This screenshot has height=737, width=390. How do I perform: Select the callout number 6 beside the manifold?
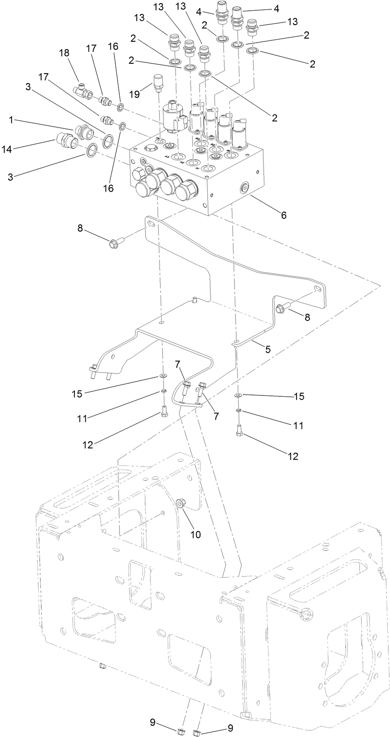pyautogui.click(x=283, y=215)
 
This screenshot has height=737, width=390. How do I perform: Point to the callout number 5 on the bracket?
pyautogui.click(x=267, y=349)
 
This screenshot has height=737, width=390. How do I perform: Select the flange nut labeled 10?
pyautogui.click(x=181, y=504)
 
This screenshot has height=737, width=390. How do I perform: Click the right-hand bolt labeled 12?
pyautogui.click(x=239, y=430)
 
